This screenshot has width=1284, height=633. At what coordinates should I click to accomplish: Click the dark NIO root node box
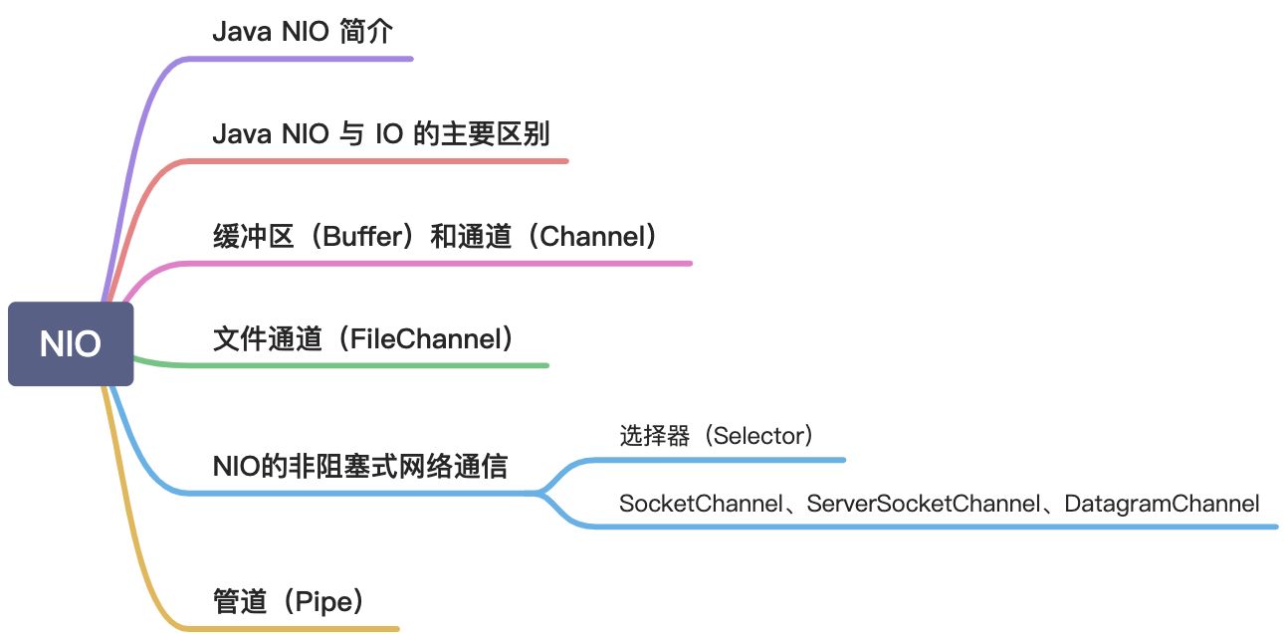click(71, 343)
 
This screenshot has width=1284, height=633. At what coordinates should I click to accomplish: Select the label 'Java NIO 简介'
click(303, 31)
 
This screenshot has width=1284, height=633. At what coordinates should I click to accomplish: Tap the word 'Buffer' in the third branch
click(364, 236)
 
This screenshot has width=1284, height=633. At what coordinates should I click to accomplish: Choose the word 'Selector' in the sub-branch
click(759, 436)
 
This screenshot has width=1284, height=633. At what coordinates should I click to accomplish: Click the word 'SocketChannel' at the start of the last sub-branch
click(701, 504)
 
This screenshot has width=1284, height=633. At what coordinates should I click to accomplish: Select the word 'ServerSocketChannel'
click(924, 504)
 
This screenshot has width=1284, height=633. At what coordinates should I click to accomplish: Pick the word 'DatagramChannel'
click(1162, 504)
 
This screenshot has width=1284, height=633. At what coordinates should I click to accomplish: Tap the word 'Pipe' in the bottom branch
click(323, 601)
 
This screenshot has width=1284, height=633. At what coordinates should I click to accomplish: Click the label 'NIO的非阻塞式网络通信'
click(360, 466)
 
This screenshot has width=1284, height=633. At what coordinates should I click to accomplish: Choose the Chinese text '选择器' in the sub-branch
click(654, 436)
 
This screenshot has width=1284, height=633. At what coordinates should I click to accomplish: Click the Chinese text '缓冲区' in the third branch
click(254, 236)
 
